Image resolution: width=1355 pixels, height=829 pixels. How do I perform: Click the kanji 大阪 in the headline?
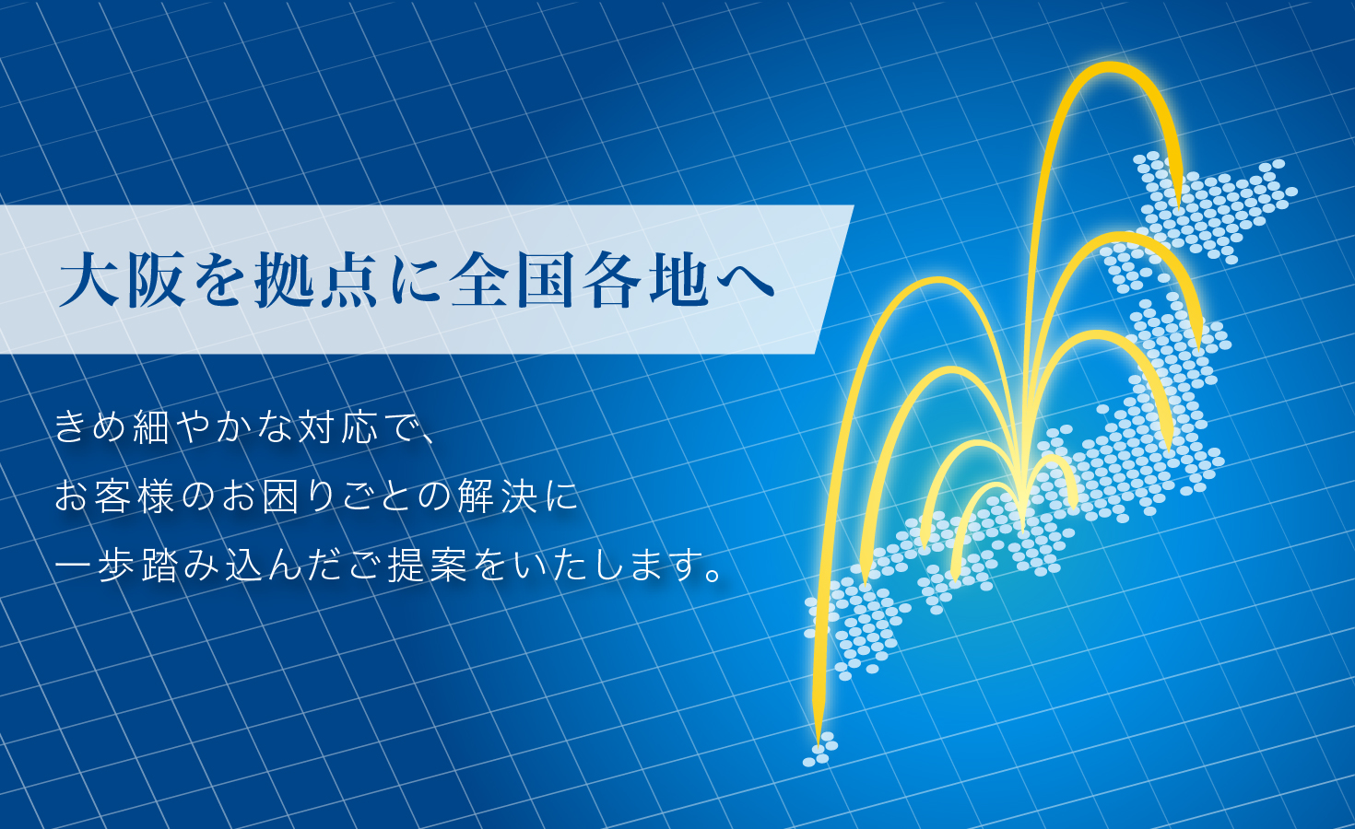(122, 279)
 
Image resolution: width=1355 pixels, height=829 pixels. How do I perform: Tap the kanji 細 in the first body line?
(151, 426)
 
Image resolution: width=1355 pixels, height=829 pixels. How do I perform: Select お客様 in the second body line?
(114, 497)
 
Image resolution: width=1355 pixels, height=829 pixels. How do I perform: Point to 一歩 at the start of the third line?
(96, 566)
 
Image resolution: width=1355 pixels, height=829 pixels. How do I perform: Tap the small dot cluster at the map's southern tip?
(820, 750)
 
